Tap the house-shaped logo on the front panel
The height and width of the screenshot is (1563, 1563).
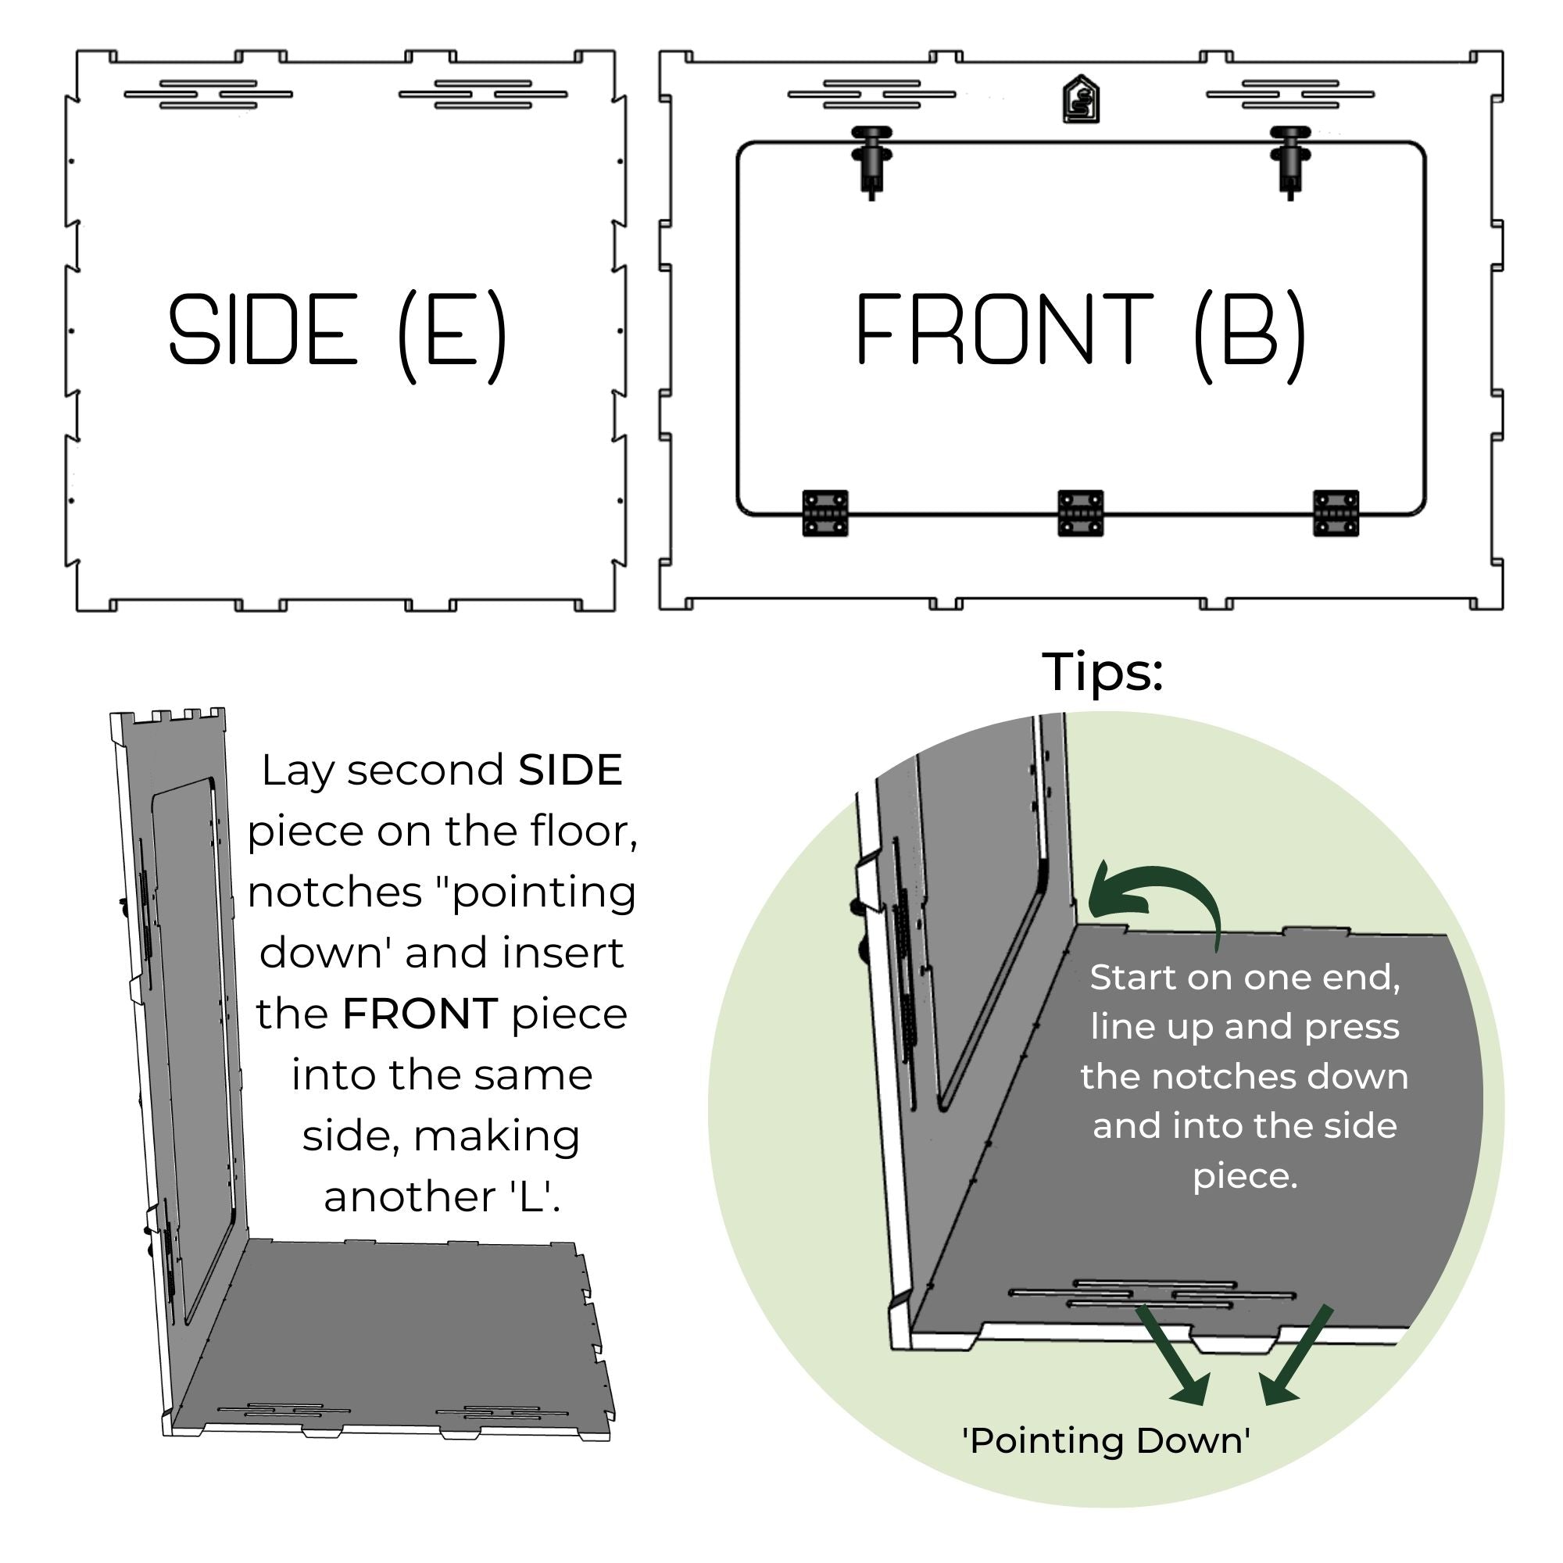pyautogui.click(x=1081, y=100)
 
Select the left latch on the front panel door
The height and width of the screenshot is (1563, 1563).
pyautogui.click(x=871, y=159)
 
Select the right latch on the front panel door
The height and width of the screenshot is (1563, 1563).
pyautogui.click(x=1289, y=159)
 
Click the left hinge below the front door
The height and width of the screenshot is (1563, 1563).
pyautogui.click(x=825, y=513)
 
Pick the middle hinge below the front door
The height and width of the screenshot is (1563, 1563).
pyautogui.click(x=1081, y=513)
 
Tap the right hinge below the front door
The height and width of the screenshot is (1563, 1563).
pyautogui.click(x=1336, y=513)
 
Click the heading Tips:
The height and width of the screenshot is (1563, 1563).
pyautogui.click(x=1102, y=671)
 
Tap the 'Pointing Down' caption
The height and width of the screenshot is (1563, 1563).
pyautogui.click(x=1106, y=1441)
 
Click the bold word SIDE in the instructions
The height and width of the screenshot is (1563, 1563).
pyautogui.click(x=570, y=771)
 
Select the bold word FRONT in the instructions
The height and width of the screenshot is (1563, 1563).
pyautogui.click(x=420, y=1014)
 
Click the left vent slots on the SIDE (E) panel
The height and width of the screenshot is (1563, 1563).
pyautogui.click(x=208, y=94)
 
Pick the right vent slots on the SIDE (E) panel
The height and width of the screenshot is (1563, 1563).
pyautogui.click(x=483, y=94)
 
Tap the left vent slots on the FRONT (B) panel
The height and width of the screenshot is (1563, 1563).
pyautogui.click(x=871, y=94)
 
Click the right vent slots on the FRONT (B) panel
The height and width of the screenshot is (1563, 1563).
pyautogui.click(x=1289, y=94)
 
